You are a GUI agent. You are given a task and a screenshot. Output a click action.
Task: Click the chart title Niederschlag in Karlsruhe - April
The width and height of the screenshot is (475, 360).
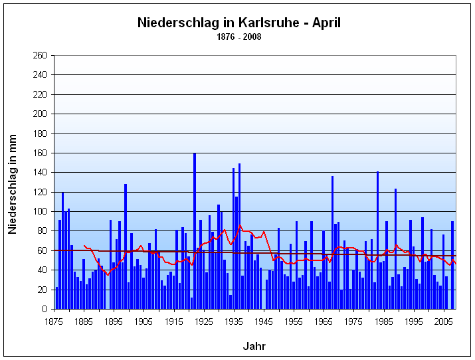pyautogui.click(x=238, y=23)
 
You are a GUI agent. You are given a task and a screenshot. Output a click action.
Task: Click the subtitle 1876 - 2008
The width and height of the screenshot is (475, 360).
pyautogui.click(x=238, y=37)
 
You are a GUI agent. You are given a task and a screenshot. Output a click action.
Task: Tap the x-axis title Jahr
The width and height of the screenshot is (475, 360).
pyautogui.click(x=254, y=346)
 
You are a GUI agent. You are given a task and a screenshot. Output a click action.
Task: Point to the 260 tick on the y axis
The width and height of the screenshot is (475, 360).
pyautogui.click(x=41, y=55)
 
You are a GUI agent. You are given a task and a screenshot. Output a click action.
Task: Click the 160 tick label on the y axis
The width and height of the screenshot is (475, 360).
pyautogui.click(x=41, y=153)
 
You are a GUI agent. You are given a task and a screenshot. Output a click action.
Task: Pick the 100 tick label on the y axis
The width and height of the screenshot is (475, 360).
pyautogui.click(x=41, y=211)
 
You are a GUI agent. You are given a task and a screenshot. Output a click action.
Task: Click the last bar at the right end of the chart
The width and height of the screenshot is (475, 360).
pyautogui.click(x=452, y=266)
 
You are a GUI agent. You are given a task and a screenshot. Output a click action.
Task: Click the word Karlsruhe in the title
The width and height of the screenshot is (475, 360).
pyautogui.click(x=256, y=23)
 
